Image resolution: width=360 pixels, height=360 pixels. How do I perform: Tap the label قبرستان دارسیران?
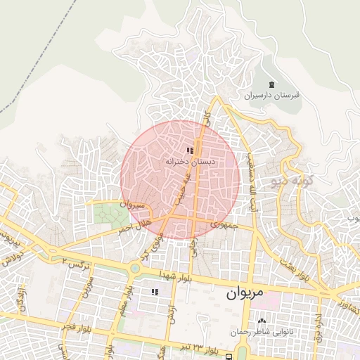pyautogui.click(x=272, y=95)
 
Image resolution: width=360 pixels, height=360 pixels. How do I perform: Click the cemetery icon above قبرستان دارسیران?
pyautogui.click(x=271, y=84)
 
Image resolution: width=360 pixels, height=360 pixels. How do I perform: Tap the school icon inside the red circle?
pyautogui.click(x=190, y=150)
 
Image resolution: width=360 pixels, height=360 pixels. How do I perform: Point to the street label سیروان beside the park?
pyautogui.click(x=132, y=206)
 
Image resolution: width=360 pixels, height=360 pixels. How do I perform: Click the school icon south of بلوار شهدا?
pyautogui.click(x=154, y=292)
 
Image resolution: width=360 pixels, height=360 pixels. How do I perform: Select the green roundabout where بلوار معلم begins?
pyautogui.click(x=134, y=268)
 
